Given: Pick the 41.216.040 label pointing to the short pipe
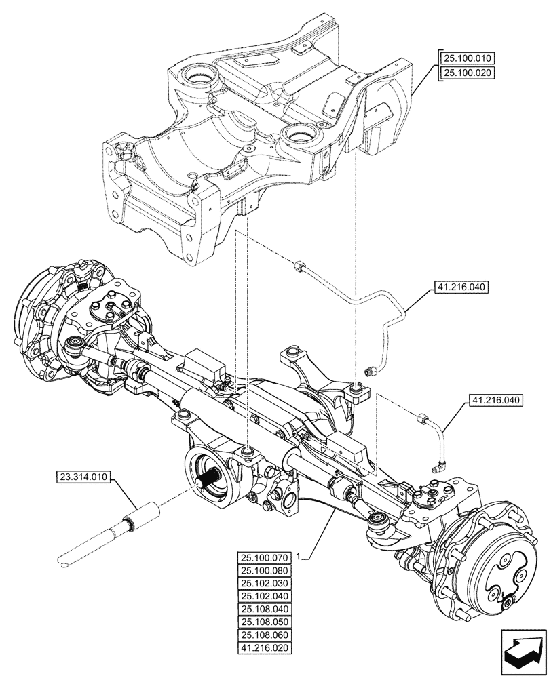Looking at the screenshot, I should click(495, 401).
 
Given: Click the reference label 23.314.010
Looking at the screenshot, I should click(82, 479).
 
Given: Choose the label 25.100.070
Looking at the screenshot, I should click(265, 558).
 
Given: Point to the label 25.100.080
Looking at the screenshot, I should click(265, 571).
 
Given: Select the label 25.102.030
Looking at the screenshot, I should click(265, 584).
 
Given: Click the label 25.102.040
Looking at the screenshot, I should click(265, 597).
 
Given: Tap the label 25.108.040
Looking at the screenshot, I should click(265, 610).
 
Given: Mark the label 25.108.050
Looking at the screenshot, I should click(265, 622).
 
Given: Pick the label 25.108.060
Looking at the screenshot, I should click(265, 635).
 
